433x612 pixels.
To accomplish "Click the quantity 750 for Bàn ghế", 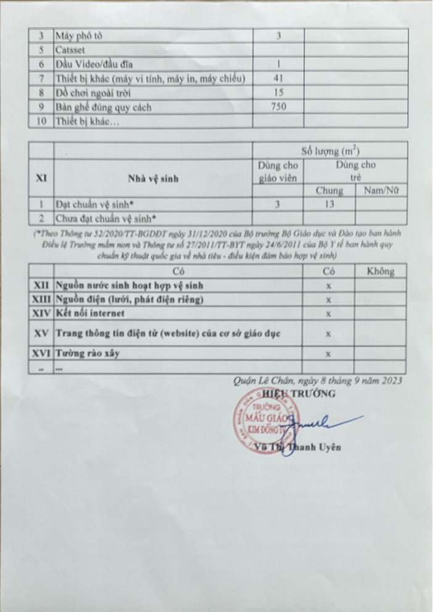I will [278, 107].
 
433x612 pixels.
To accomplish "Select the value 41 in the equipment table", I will [278, 78].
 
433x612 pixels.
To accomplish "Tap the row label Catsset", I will [69, 50].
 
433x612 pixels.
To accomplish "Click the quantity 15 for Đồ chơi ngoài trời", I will [278, 93].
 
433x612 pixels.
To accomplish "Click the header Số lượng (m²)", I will [331, 150].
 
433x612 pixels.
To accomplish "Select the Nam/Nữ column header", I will [381, 191].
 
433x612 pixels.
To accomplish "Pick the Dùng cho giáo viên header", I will [278, 172].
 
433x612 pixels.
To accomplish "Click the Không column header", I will [380, 271].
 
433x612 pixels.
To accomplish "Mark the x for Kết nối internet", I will [329, 313].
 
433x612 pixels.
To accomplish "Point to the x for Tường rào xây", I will [329, 354].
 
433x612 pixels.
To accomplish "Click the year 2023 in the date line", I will [392, 381].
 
